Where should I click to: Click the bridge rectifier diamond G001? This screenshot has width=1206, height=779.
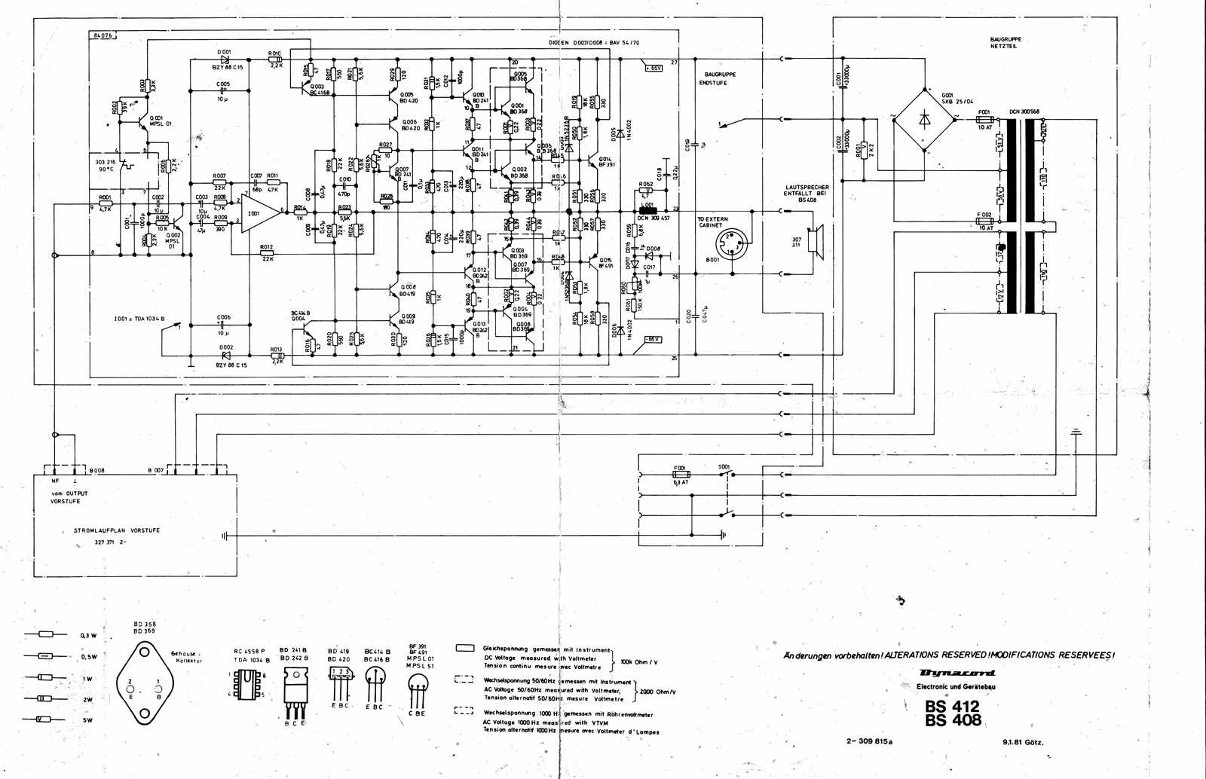[925, 118]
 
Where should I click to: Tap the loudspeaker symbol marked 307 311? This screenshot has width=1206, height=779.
[814, 240]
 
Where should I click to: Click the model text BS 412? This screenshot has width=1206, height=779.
[952, 706]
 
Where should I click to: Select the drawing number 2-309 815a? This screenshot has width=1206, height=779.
[869, 741]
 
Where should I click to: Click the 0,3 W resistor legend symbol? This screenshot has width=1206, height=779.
[44, 635]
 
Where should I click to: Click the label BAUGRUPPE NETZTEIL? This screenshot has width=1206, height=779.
[1006, 42]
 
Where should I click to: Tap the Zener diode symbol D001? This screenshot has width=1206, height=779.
[224, 59]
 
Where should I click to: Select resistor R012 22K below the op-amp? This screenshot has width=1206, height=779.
[266, 254]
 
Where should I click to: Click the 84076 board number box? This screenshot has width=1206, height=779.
[100, 35]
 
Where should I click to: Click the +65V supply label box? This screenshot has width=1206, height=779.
[653, 68]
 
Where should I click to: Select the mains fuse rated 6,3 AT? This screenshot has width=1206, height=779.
[680, 475]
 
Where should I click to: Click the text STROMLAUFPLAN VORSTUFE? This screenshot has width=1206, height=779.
[116, 530]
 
